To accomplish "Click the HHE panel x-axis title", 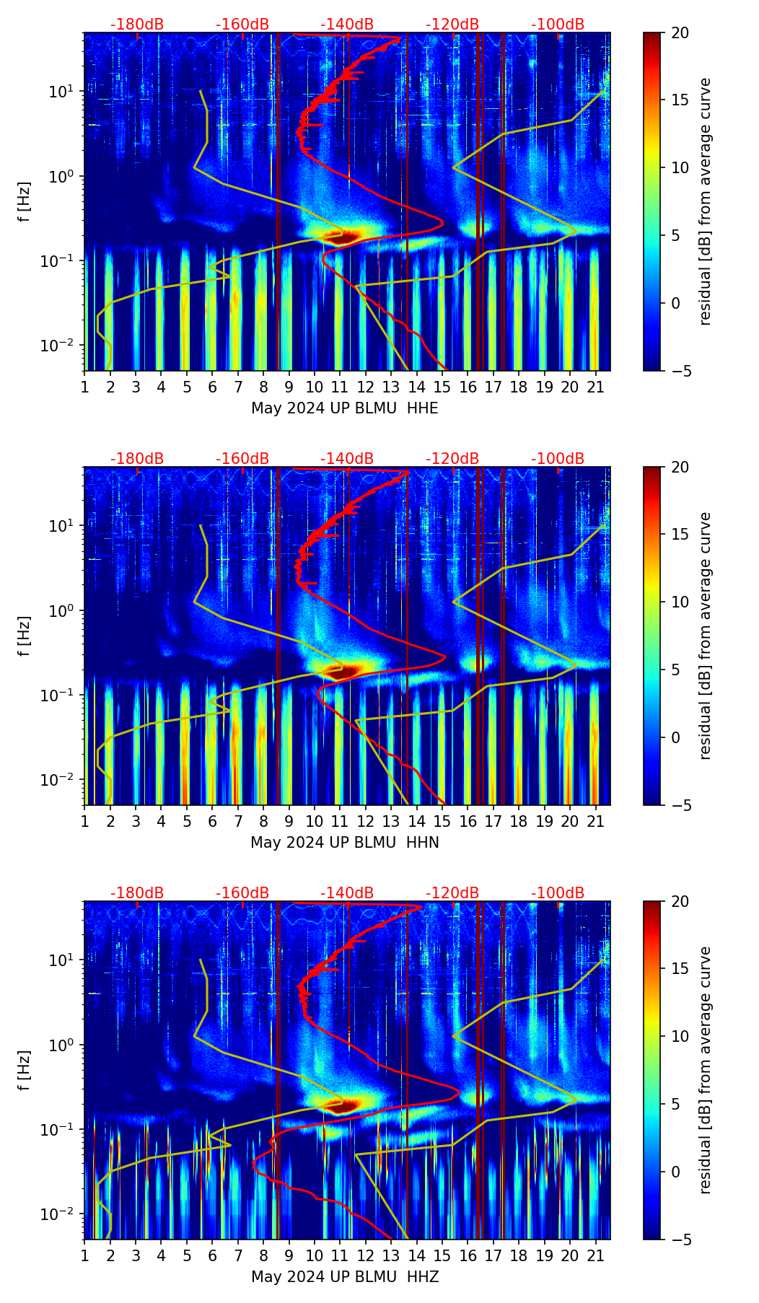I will [x=345, y=408].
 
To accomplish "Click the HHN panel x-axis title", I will [x=345, y=843].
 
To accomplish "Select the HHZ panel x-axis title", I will [x=345, y=1277].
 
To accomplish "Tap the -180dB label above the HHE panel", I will [x=137, y=25].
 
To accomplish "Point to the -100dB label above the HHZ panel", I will [x=558, y=893].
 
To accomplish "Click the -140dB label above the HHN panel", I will [x=347, y=459].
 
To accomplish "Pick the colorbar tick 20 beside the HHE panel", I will [x=680, y=32].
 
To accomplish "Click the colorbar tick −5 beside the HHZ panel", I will [x=680, y=1240].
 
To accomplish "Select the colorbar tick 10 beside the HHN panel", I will [x=680, y=602].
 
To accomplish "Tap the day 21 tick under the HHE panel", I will [x=595, y=387].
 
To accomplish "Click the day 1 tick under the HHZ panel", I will [x=84, y=1256].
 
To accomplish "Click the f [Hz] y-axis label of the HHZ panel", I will [x=25, y=1070].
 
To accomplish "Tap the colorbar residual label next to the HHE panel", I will [x=705, y=201].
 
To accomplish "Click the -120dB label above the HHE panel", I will [x=452, y=25].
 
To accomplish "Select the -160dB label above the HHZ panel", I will [x=242, y=893].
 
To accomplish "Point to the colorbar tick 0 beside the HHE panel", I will [x=676, y=303].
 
